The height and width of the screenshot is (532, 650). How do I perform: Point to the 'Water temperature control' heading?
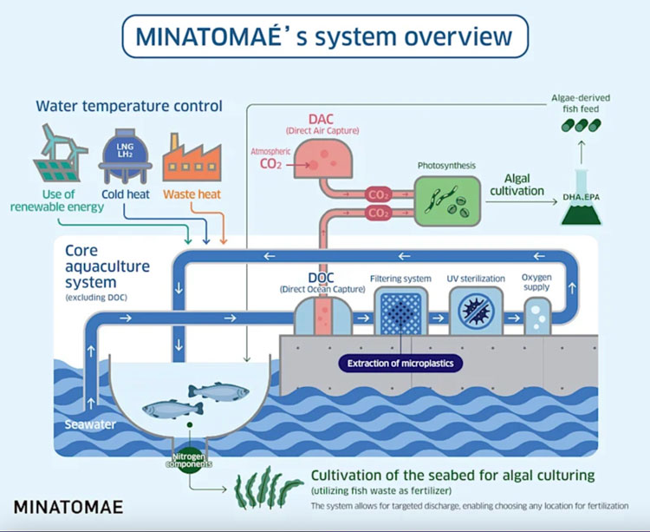tap(129, 106)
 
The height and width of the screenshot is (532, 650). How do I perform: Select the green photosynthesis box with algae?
tap(446, 201)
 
